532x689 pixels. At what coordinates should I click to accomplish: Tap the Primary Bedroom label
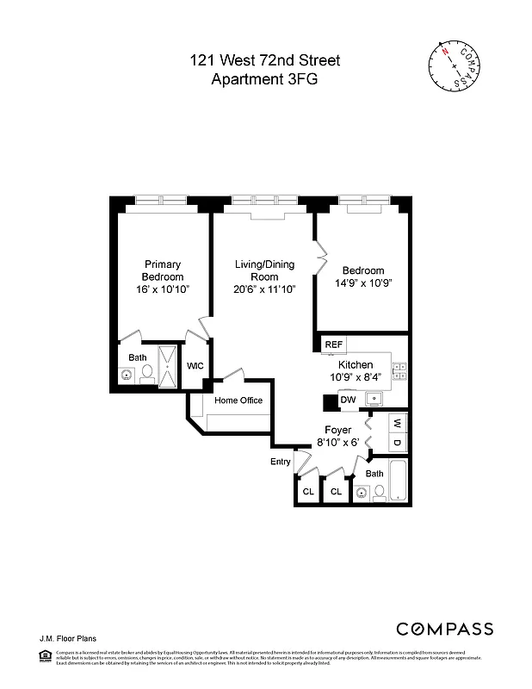coord(163,270)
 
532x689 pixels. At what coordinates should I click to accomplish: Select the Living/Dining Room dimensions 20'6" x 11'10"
coord(264,290)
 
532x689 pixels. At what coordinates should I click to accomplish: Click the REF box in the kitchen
coord(333,344)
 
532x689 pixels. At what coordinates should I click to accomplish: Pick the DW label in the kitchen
coord(348,400)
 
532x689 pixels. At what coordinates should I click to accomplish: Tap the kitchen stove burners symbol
coord(399,371)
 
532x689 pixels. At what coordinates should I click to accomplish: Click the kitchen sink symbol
coord(374,398)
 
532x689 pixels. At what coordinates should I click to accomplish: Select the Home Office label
coord(238,400)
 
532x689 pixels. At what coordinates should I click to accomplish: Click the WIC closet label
coord(195,366)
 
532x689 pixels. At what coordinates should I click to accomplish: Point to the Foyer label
coord(338,429)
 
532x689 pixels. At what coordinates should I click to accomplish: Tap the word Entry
coord(281,462)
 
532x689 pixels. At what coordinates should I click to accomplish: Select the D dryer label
coord(397,443)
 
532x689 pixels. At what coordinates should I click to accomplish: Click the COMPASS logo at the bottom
coord(444,629)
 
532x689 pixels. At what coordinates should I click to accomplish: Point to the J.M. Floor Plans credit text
coord(66,638)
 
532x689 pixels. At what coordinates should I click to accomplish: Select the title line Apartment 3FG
coord(264,79)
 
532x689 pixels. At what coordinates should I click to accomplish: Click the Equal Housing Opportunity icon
coord(46,656)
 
